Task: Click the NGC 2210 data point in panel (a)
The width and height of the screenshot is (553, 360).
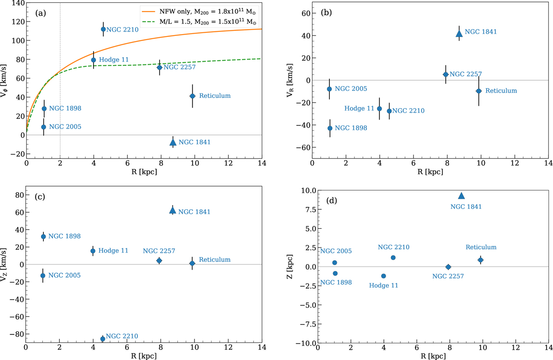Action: coord(103,29)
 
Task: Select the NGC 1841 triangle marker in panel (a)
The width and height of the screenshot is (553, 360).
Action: coord(173,142)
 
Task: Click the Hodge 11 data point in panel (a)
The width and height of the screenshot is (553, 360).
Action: coord(94,60)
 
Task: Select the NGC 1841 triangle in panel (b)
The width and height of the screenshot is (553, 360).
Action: coord(459,33)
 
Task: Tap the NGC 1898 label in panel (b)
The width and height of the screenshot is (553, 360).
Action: coord(351,128)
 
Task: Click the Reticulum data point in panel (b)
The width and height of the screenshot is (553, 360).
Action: coord(479,91)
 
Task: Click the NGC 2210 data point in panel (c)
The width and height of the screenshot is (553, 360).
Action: coord(102,339)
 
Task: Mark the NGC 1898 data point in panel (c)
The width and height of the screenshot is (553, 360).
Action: coord(43,236)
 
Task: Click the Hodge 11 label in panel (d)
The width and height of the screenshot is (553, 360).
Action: coord(384,286)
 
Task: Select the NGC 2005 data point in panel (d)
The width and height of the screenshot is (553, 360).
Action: coord(335,263)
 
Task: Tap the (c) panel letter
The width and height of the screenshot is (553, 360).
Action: coord(40,197)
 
